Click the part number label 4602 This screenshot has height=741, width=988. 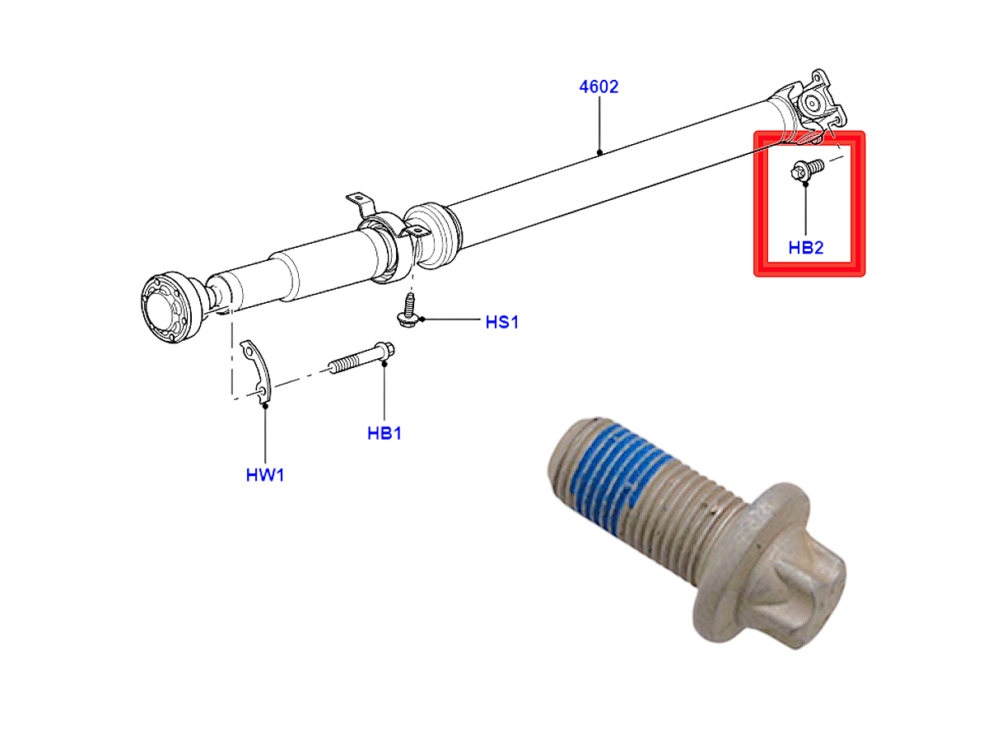click(599, 86)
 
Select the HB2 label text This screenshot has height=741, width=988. click(806, 248)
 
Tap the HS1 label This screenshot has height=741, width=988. click(502, 322)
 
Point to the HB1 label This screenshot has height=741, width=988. click(384, 433)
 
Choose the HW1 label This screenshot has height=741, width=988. click(264, 475)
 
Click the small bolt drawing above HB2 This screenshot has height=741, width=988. click(807, 170)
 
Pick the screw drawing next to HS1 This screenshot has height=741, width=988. click(409, 310)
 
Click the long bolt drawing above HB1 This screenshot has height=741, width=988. click(361, 358)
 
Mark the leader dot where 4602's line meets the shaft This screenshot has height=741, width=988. click(599, 152)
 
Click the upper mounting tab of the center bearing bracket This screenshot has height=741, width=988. click(360, 203)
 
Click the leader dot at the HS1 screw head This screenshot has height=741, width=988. click(422, 319)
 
